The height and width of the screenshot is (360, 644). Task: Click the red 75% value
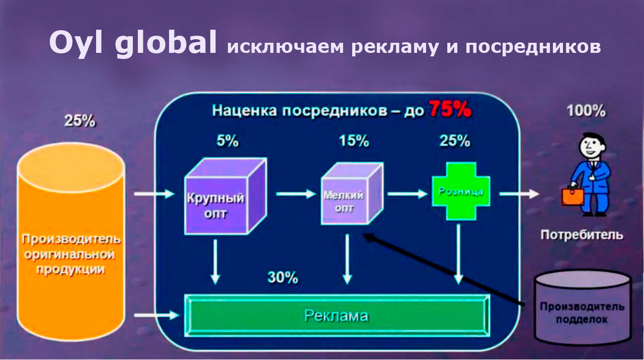click(450, 109)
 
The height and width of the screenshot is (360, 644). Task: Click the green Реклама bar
click(336, 315)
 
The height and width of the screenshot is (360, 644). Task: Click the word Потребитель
click(582, 234)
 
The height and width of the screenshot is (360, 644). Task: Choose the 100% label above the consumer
click(586, 111)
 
